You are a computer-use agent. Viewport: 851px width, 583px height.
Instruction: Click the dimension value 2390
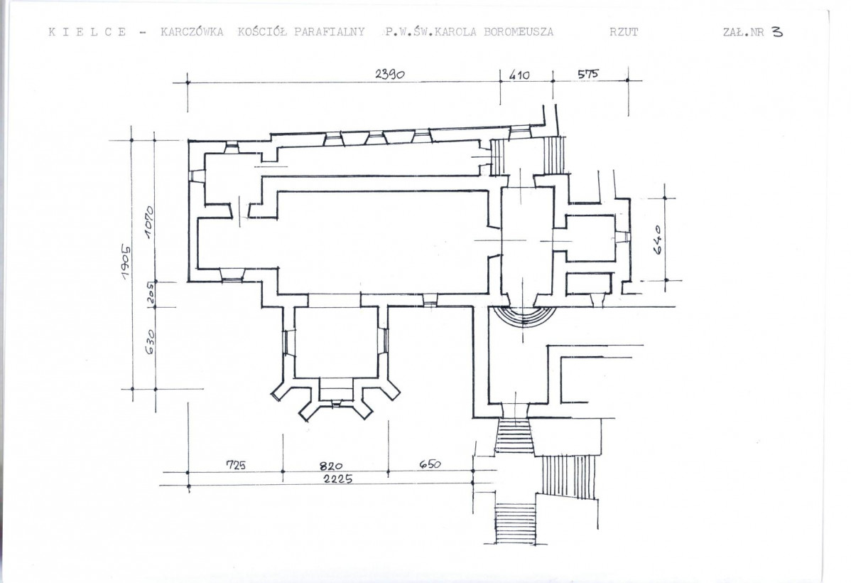tap(390, 74)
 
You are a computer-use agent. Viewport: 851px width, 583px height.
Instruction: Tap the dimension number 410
tap(519, 75)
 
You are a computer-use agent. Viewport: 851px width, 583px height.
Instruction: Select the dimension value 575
tap(587, 73)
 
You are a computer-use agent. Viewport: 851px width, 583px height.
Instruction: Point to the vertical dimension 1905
tap(126, 262)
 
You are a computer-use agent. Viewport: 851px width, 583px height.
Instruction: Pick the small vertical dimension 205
tap(151, 293)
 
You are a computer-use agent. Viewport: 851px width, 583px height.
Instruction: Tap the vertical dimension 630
tap(150, 342)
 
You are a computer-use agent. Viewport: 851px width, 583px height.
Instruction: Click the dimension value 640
tap(658, 240)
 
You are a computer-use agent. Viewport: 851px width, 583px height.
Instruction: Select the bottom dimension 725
tap(236, 464)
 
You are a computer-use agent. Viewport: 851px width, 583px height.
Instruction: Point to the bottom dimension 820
tap(330, 466)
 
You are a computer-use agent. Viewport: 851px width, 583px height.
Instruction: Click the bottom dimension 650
tap(430, 464)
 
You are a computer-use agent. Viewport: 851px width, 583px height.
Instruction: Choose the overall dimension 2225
tap(337, 478)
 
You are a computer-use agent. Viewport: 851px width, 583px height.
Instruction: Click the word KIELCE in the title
tap(87, 31)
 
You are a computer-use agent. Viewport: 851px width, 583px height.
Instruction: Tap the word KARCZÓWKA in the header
tap(192, 31)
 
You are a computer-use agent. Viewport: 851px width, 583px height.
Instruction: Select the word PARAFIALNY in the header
tap(330, 31)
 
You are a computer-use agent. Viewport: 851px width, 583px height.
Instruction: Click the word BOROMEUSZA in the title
tap(519, 31)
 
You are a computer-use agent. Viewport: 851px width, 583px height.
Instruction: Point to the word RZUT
tap(624, 31)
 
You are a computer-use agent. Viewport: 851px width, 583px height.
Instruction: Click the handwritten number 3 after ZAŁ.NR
tap(777, 31)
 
